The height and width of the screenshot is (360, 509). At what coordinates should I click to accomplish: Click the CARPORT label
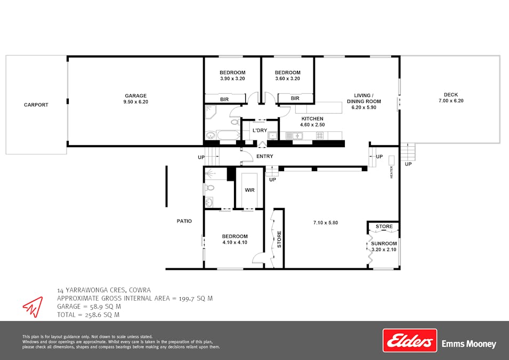36,105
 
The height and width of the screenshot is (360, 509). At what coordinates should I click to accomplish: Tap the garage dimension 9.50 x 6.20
135,102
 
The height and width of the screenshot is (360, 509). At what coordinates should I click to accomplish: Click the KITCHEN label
313,118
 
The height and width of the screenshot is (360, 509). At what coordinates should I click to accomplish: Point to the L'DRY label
260,131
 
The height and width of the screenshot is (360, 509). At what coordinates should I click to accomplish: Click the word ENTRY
265,156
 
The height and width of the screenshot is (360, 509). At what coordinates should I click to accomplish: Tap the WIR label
249,190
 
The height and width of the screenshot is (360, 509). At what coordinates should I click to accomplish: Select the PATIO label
184,221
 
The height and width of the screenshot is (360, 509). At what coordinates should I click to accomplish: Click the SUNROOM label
384,244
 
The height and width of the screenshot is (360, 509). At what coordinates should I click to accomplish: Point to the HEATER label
391,172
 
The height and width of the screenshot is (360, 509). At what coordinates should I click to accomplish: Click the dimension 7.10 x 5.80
326,223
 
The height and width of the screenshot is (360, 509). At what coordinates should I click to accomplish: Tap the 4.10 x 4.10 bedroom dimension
235,243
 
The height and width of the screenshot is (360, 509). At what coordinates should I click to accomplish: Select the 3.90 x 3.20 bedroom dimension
232,79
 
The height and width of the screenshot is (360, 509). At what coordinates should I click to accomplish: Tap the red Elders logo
409,340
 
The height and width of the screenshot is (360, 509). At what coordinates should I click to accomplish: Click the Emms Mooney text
469,345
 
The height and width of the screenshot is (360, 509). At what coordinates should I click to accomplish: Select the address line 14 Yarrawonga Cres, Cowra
100,291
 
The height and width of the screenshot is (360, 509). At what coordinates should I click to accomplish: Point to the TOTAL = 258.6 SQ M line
88,315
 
